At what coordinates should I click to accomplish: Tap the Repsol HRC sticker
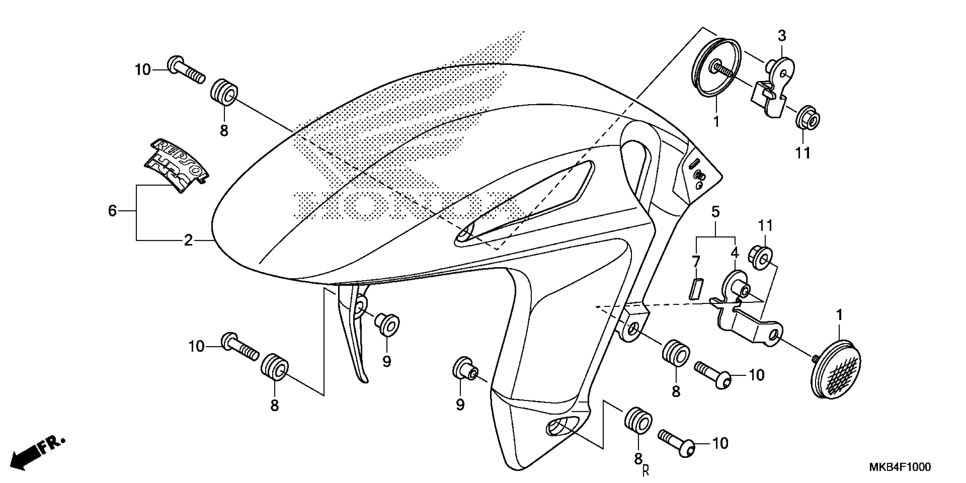coord(176,165)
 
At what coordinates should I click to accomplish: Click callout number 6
coord(113,211)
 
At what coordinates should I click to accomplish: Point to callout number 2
coord(188,240)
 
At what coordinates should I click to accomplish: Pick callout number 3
coord(782,36)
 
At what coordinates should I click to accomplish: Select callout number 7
coord(696,261)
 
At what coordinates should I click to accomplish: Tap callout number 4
coord(735,253)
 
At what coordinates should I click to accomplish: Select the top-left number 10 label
coord(143,70)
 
